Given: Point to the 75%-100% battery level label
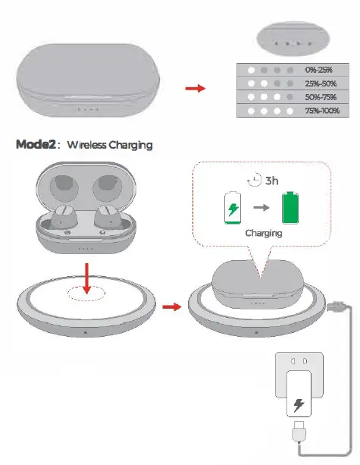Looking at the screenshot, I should click(323, 111).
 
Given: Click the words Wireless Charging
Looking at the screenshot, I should click(109, 144).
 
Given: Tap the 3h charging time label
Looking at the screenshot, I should click(271, 182).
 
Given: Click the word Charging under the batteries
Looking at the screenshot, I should click(263, 234).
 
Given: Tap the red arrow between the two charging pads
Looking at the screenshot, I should click(172, 307).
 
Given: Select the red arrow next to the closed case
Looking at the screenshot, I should click(196, 89).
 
